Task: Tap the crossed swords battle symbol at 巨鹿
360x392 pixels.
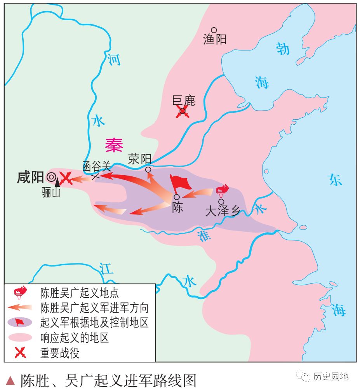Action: pyautogui.click(x=182, y=113)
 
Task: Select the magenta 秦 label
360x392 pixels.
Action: pyautogui.click(x=114, y=145)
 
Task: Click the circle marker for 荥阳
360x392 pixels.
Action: pyautogui.click(x=148, y=169)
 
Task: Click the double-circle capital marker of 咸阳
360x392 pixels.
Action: pyautogui.click(x=51, y=178)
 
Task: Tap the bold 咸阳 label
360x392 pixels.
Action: pyautogui.click(x=30, y=178)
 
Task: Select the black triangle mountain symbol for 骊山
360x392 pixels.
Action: pyautogui.click(x=57, y=181)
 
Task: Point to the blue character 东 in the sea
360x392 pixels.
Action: pyautogui.click(x=335, y=179)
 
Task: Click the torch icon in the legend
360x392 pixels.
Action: pyautogui.click(x=20, y=292)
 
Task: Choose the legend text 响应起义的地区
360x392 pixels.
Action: pyautogui.click(x=74, y=338)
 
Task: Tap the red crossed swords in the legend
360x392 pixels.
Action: pyautogui.click(x=20, y=353)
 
